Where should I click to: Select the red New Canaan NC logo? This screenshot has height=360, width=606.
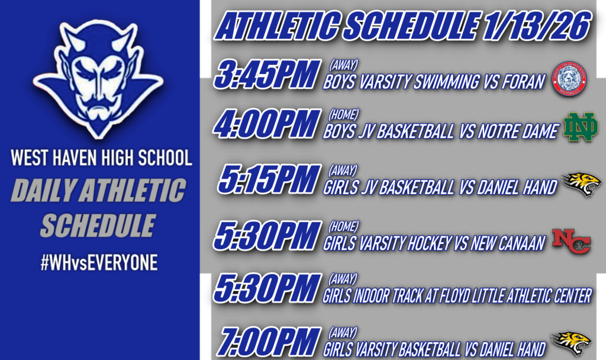571,240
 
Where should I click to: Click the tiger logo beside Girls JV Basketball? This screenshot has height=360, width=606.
581,184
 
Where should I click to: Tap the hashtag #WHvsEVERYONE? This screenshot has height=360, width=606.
99,263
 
